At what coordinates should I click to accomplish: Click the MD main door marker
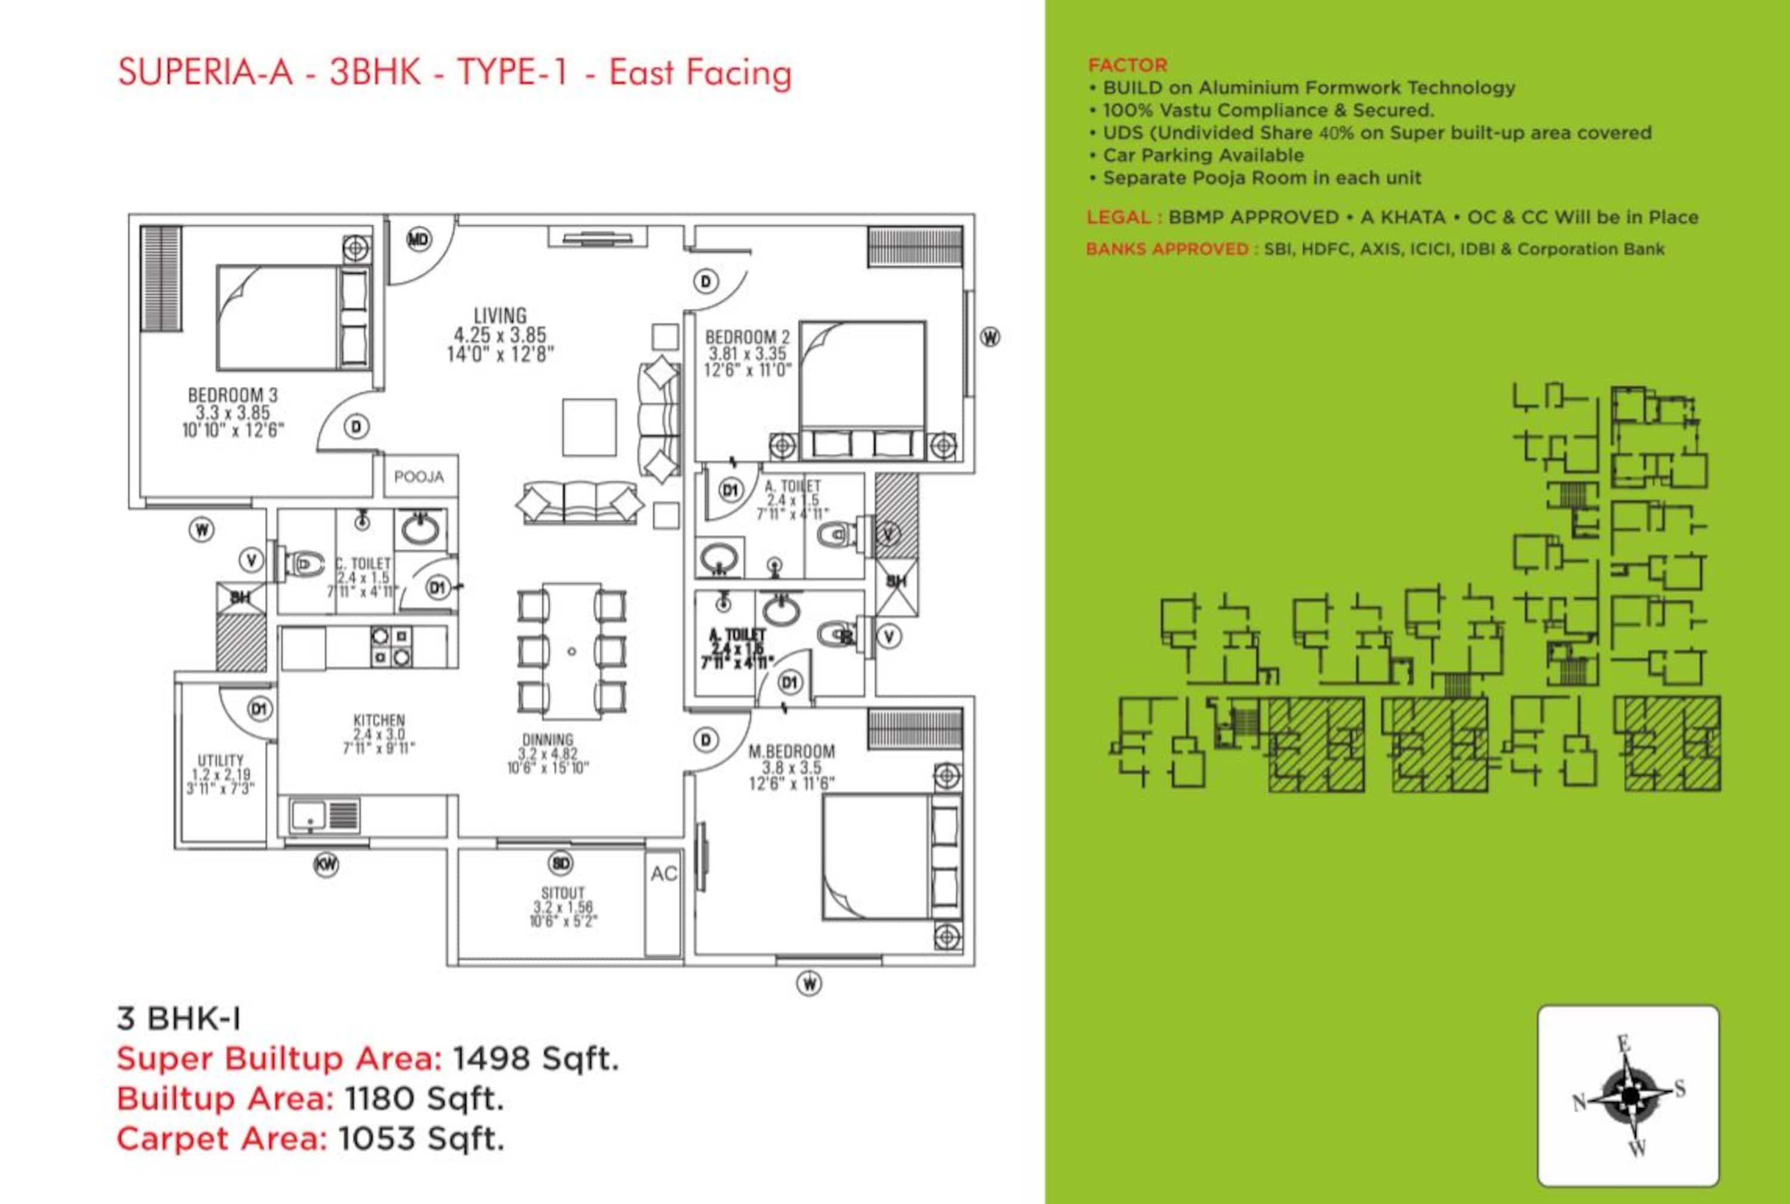pyautogui.click(x=418, y=240)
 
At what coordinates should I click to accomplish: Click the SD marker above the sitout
pyautogui.click(x=561, y=864)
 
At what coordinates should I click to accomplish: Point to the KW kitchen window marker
pyautogui.click(x=326, y=865)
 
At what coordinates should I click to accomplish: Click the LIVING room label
pyautogui.click(x=500, y=316)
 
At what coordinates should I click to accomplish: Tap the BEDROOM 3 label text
pyautogui.click(x=233, y=395)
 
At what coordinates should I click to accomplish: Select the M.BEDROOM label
pyautogui.click(x=791, y=751)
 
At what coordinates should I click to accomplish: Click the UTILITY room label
pyautogui.click(x=220, y=760)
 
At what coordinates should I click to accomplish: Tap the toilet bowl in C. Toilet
pyautogui.click(x=302, y=564)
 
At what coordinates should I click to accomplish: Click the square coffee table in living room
pyautogui.click(x=589, y=428)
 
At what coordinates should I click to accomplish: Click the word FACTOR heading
pyautogui.click(x=1127, y=65)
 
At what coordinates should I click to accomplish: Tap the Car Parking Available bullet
pyautogui.click(x=1202, y=155)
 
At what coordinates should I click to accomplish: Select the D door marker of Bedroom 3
pyautogui.click(x=356, y=427)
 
